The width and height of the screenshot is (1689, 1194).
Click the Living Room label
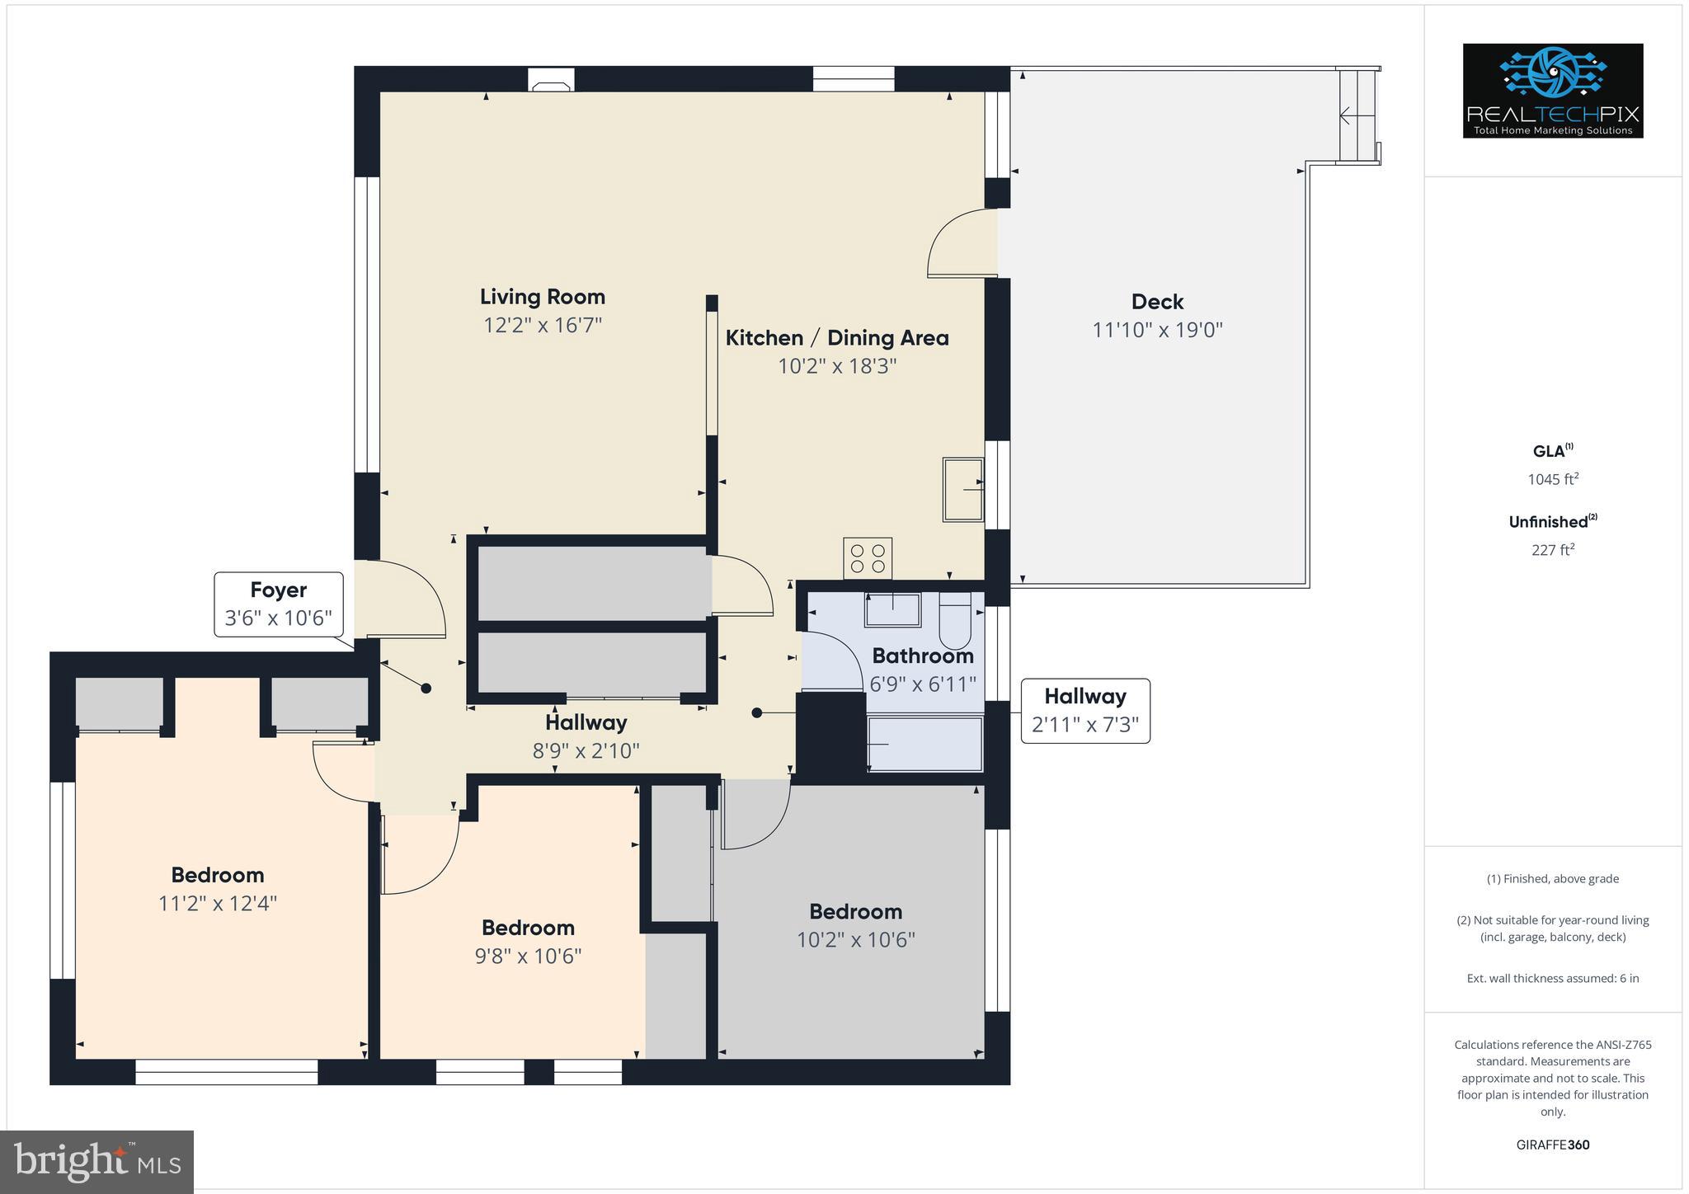(542, 297)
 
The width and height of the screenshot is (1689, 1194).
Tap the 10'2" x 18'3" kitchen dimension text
(836, 365)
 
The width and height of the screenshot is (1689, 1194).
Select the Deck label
(1156, 302)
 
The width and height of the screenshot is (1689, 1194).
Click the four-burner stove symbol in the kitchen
(867, 558)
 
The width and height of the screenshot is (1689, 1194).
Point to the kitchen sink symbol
(963, 489)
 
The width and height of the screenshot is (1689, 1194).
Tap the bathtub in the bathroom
(924, 744)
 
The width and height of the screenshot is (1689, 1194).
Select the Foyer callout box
(279, 604)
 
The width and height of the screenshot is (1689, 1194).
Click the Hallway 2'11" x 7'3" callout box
(1084, 710)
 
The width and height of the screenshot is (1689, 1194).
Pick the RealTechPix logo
(1552, 91)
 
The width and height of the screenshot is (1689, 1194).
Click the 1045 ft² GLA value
(1552, 479)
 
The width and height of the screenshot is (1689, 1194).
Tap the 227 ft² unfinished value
(1552, 550)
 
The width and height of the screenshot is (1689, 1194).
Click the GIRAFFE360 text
(1552, 1145)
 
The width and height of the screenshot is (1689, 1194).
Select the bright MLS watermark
(97, 1162)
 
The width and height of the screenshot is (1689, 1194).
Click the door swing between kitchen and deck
(962, 243)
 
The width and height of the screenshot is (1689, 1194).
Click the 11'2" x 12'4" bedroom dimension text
(217, 904)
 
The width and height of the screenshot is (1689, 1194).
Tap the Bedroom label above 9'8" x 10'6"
(528, 928)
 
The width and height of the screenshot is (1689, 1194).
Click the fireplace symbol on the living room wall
(551, 84)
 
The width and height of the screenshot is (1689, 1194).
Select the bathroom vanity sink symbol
(892, 609)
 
